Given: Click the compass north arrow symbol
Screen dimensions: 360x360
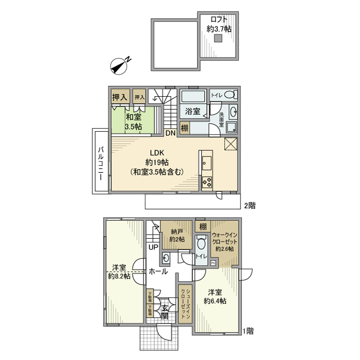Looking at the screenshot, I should tap(121, 65).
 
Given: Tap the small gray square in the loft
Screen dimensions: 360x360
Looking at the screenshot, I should tap(218, 39).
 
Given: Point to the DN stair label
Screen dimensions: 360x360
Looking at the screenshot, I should tap(170, 133).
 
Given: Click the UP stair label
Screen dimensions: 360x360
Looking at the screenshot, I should tap(153, 247).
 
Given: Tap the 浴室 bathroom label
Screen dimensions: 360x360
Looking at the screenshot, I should tap(192, 111).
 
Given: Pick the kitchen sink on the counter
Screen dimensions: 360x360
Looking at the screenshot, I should tap(207, 163).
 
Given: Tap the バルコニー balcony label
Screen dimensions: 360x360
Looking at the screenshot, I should tap(101, 161).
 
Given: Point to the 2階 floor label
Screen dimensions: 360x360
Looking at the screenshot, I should tap(249, 205).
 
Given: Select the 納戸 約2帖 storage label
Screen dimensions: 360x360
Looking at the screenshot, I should tap(177, 235).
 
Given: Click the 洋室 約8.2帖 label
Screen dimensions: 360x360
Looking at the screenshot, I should tap(119, 272).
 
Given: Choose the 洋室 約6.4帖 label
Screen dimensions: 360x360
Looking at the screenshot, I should tap(214, 296).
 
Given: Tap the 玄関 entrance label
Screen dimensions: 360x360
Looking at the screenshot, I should tap(165, 312).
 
